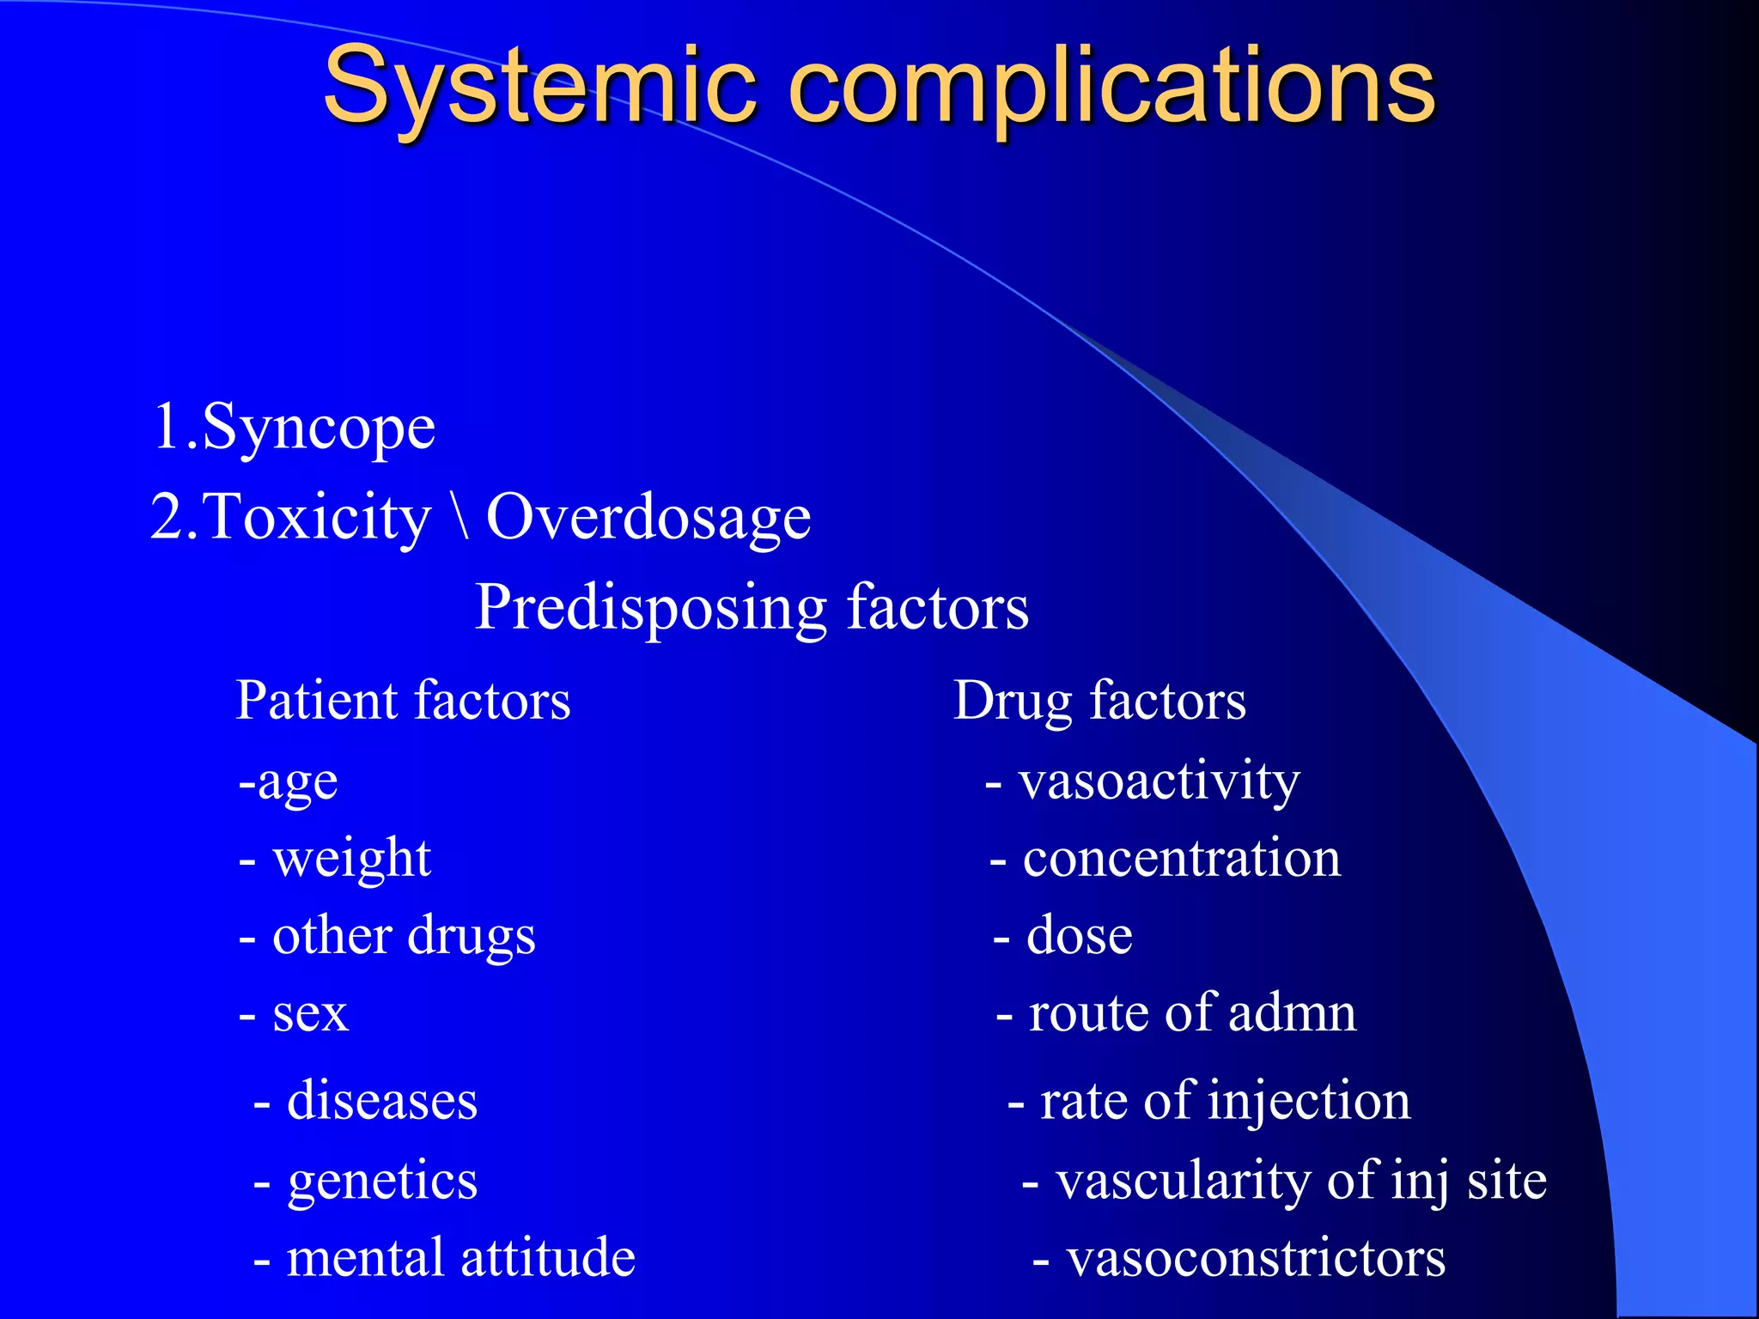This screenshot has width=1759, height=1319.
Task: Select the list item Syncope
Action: [318, 427]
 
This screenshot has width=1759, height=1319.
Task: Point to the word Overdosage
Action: [648, 518]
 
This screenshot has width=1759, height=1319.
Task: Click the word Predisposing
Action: [651, 608]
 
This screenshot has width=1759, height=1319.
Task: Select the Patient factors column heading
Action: [403, 700]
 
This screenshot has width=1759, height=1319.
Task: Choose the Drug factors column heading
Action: [1099, 700]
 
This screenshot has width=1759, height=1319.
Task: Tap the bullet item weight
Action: [350, 858]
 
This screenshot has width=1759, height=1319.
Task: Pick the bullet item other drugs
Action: [403, 935]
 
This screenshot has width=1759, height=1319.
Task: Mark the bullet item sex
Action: [310, 1013]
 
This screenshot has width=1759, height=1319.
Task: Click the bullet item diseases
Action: [381, 1100]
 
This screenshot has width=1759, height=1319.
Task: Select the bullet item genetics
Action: [382, 1180]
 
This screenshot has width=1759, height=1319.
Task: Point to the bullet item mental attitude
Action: [460, 1258]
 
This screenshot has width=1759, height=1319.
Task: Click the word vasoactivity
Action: [1159, 782]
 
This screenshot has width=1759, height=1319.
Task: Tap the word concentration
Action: [1181, 858]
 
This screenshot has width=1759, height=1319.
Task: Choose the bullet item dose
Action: [1079, 935]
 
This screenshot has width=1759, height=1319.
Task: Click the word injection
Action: [1309, 1102]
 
